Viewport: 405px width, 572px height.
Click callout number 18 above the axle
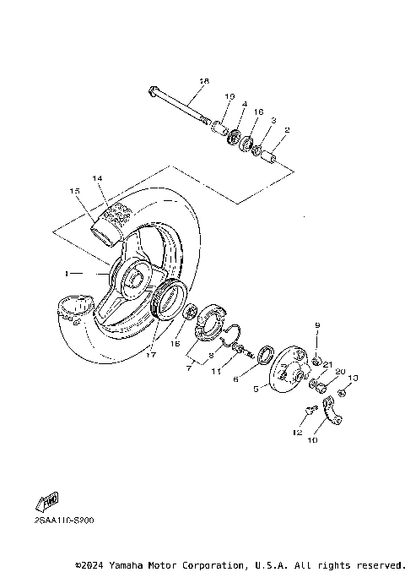203,81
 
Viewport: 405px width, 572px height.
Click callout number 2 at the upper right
287,130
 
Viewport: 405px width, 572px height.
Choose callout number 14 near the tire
97,178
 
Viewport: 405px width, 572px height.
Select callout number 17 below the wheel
151,355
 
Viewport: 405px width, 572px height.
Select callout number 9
317,325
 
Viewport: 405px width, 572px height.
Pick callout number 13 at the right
353,378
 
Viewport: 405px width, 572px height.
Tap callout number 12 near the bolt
296,433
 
